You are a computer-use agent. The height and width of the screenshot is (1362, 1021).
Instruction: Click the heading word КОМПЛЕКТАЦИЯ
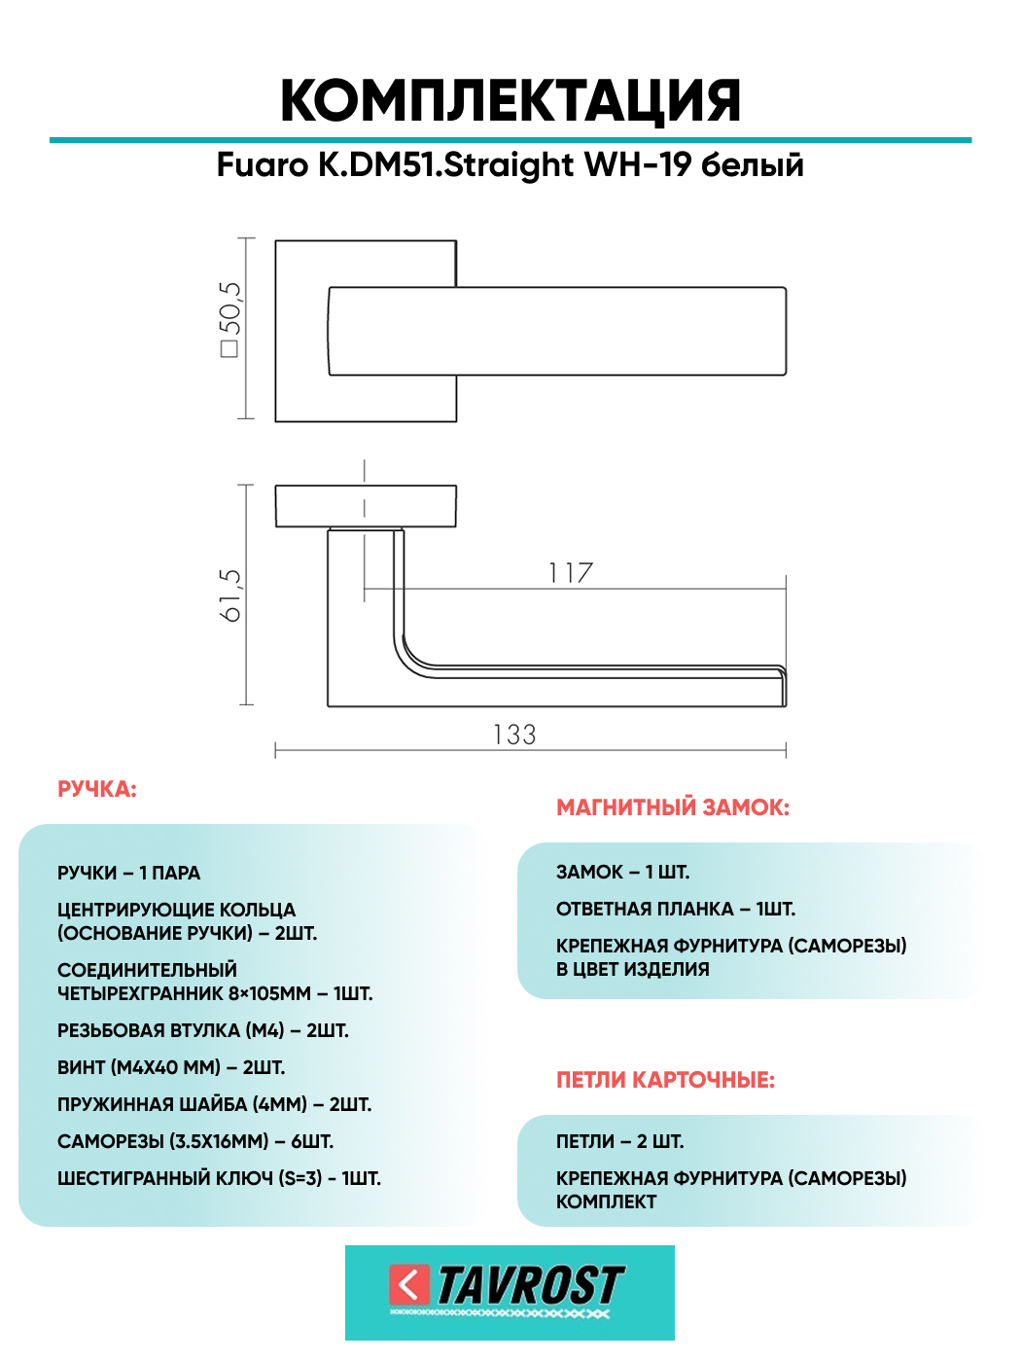click(510, 101)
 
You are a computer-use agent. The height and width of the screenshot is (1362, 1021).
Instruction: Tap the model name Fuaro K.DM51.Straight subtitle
click(396, 164)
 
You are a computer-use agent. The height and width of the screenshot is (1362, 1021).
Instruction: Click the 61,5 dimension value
click(229, 594)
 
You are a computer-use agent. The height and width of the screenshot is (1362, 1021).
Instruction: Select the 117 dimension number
click(570, 573)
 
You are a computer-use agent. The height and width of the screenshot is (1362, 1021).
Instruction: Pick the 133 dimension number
click(514, 735)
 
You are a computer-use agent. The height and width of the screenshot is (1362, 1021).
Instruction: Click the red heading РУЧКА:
click(97, 789)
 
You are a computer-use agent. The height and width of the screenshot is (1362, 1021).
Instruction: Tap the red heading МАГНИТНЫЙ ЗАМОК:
click(673, 807)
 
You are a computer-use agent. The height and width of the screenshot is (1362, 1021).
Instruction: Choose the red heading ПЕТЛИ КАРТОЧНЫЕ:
click(665, 1080)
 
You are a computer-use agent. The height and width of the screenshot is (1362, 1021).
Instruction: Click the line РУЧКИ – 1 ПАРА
click(128, 873)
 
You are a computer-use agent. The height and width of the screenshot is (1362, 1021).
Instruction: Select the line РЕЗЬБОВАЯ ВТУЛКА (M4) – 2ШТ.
click(202, 1030)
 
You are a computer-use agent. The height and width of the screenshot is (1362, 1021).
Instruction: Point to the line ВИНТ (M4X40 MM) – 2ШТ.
click(171, 1067)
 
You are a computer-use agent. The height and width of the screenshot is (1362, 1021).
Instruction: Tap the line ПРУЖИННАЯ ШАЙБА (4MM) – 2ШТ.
click(214, 1104)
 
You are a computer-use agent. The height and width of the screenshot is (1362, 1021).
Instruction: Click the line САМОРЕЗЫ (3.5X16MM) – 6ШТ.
click(194, 1141)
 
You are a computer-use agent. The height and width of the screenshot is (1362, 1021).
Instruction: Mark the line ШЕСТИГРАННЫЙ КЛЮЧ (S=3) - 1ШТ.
click(219, 1178)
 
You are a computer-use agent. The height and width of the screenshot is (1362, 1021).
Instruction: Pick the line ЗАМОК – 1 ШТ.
click(622, 872)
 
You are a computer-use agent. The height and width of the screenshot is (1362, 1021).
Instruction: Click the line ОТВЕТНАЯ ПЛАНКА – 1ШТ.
click(676, 909)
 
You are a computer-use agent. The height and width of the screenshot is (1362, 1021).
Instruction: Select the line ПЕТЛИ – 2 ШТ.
click(619, 1141)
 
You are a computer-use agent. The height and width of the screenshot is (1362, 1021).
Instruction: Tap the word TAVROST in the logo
click(530, 1285)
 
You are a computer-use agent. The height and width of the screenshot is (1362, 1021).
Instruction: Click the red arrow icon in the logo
click(408, 1284)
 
